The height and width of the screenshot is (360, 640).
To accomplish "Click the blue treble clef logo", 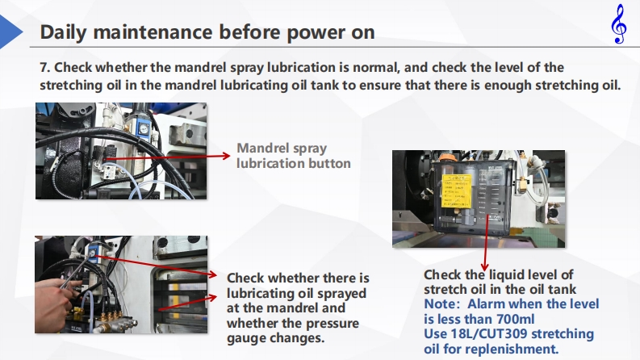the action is [619, 23].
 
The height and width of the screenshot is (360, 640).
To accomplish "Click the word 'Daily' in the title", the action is [63, 32].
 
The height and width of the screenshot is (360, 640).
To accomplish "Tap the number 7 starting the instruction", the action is [44, 67].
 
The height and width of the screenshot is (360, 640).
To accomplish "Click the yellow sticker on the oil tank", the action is [457, 190].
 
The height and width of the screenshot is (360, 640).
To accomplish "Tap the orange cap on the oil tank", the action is [445, 157].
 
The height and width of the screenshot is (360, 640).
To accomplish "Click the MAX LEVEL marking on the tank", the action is [495, 167].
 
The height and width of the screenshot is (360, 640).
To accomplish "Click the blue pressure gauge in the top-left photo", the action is [143, 129].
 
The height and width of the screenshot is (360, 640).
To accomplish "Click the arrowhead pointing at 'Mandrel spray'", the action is [226, 156].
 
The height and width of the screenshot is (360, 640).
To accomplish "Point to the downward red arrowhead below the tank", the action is [484, 267].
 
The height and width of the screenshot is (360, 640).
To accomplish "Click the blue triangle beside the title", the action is [11, 31].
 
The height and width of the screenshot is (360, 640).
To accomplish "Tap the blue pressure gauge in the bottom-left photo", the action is [92, 253].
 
